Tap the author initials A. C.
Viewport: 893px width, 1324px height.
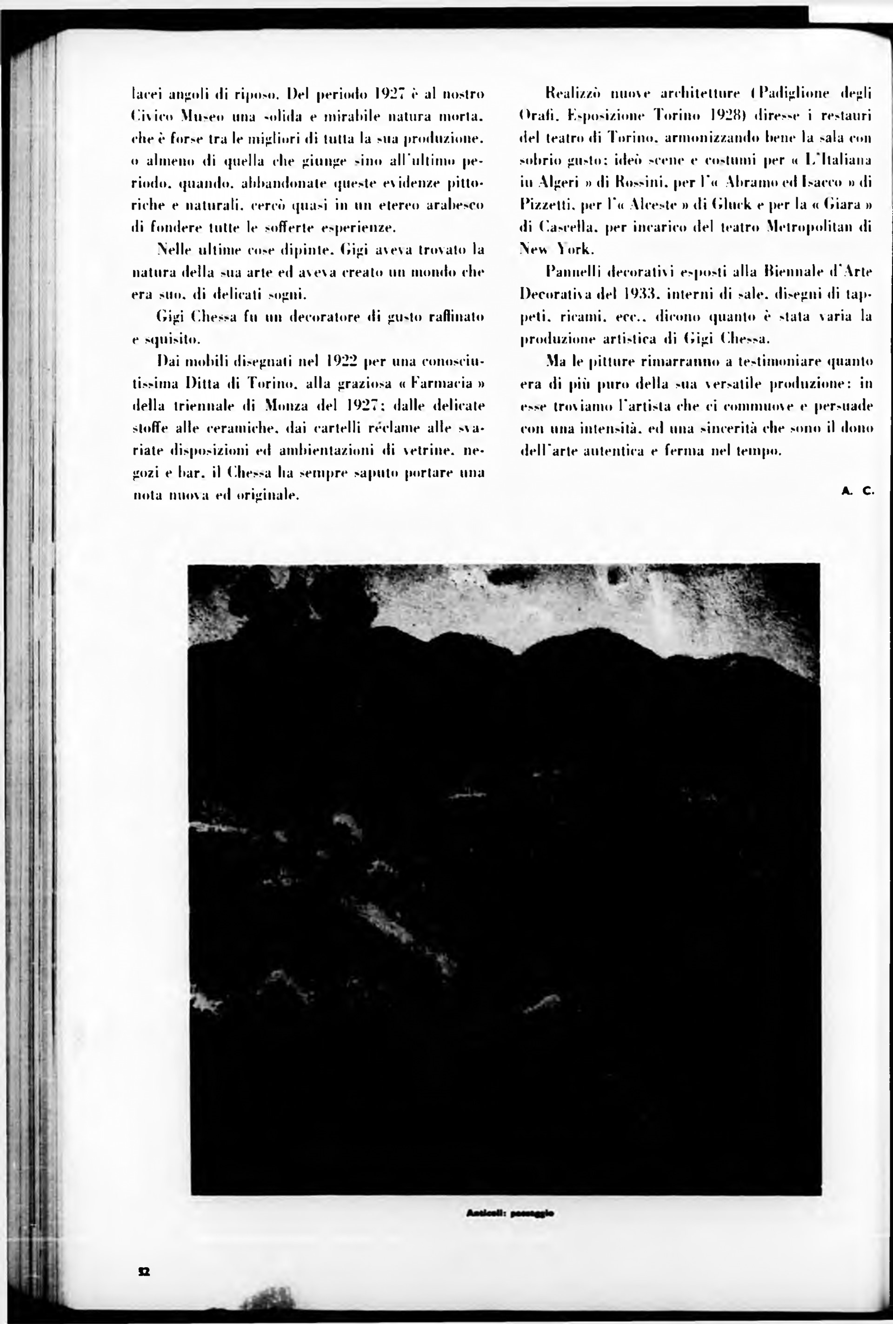(857, 490)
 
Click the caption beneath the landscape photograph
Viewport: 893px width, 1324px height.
(510, 1212)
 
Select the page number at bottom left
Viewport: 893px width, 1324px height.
(144, 1271)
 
